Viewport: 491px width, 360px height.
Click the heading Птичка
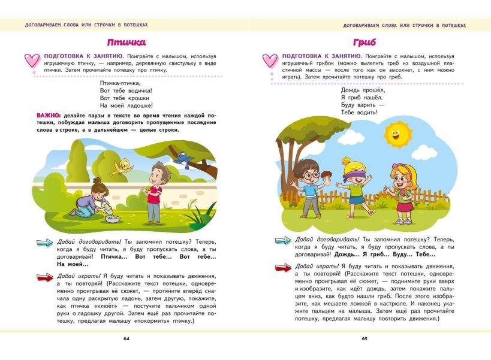coord(126,43)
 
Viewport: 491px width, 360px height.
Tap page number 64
coord(126,339)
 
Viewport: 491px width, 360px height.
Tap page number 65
coord(365,339)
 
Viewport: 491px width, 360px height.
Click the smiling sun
coord(394,134)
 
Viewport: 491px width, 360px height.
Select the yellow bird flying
coord(125,165)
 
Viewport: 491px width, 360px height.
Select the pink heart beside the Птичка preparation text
coord(32,60)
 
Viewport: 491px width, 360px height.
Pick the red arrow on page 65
coord(283,270)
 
